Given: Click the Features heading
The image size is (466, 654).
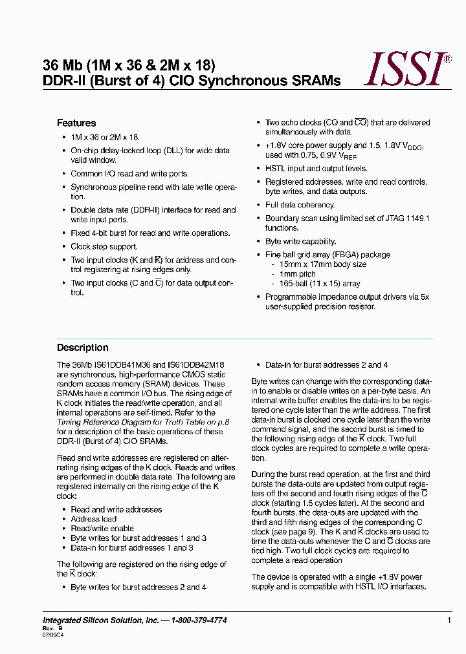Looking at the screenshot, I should point(76,123).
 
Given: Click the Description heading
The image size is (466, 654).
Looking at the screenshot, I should point(83,348).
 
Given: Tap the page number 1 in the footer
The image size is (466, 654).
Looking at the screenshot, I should point(449,620).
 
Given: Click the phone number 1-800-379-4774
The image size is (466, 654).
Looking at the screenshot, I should point(199,620).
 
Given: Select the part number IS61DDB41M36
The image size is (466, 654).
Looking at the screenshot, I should point(120,365).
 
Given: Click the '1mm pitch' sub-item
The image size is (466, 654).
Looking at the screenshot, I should point(298,274).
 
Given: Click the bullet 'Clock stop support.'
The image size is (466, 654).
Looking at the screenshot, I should point(104,247).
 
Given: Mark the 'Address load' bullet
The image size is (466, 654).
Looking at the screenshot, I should point(94,519).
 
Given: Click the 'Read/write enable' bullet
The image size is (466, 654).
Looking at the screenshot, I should point(102,529).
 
